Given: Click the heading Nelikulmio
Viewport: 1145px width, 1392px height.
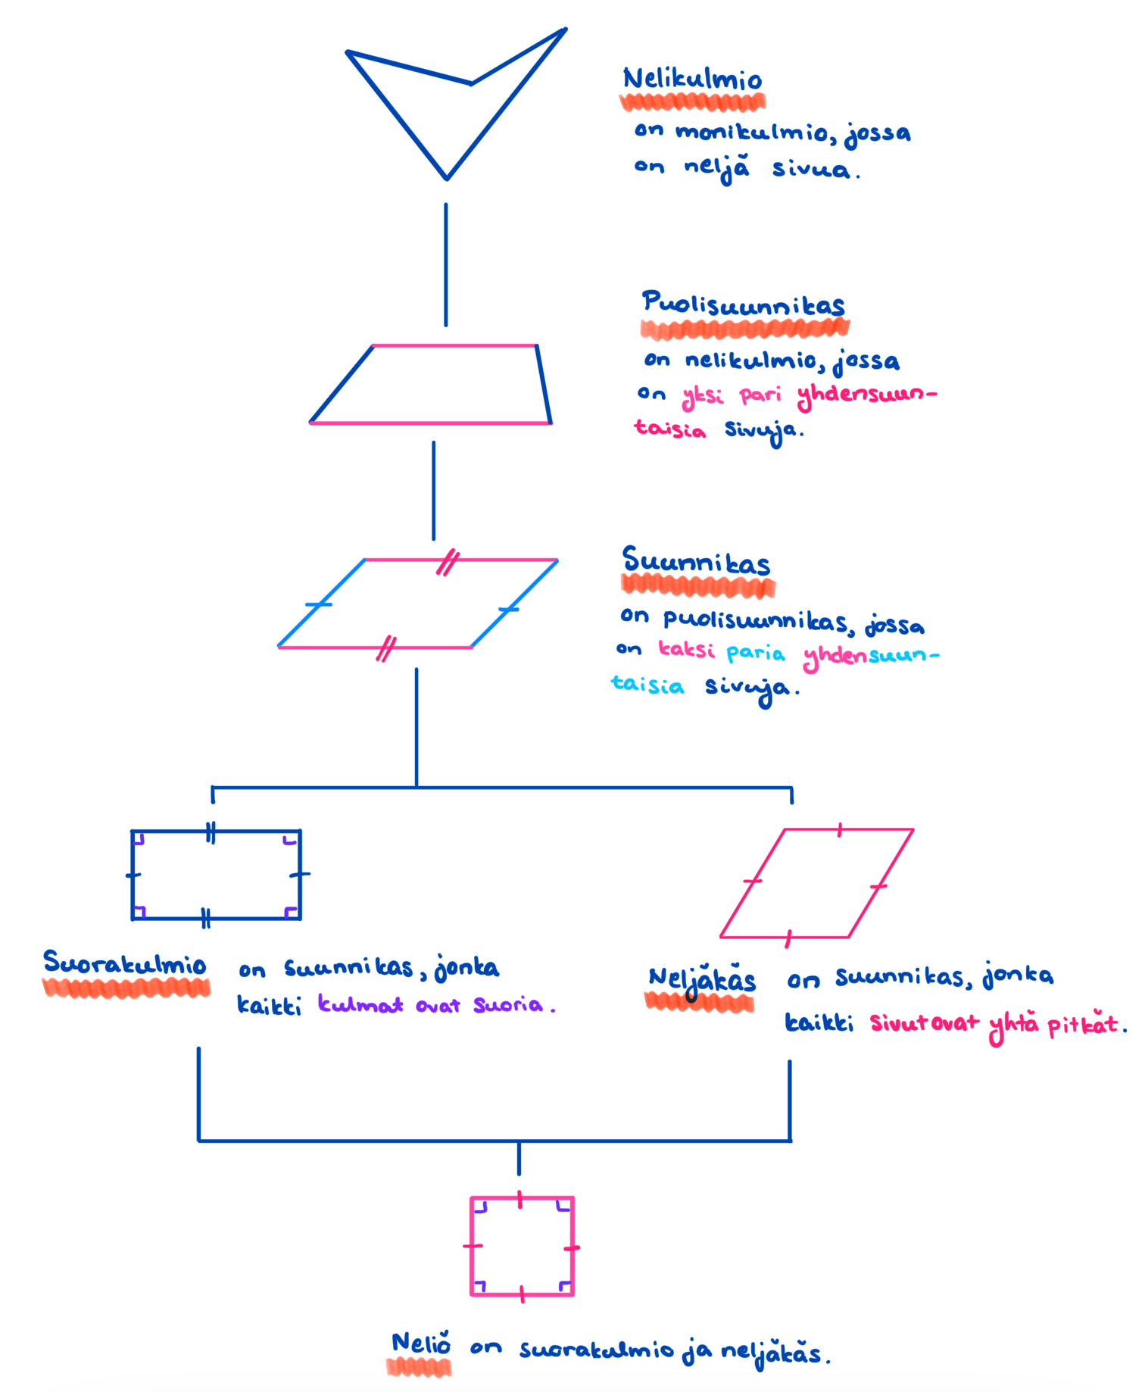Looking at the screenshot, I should tap(692, 80).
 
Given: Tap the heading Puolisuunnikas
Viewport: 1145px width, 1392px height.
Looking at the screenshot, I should tap(743, 304).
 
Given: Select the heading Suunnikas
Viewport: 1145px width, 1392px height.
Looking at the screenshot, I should tap(696, 562).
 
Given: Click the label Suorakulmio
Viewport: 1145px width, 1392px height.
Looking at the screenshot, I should tap(125, 964).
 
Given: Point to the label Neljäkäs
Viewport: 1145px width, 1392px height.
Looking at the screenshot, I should tap(702, 981).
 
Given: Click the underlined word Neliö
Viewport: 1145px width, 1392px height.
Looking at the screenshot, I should tap(421, 1344).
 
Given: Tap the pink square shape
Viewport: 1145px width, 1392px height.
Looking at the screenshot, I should tap(522, 1247).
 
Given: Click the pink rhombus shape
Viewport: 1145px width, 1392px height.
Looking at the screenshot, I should tap(816, 883).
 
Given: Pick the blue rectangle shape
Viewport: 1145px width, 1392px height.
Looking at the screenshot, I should tap(217, 875).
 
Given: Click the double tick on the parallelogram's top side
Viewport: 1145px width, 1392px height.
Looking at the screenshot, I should tap(448, 563).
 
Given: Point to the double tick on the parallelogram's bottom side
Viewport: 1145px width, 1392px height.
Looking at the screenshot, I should tap(386, 649).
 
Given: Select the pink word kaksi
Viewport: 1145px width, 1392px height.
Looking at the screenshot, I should tap(686, 651).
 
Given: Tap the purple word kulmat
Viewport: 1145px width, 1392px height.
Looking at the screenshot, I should tap(360, 1005).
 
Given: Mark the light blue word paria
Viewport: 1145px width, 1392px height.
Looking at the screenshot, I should tap(755, 654).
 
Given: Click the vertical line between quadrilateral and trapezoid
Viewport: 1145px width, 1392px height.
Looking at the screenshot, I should tap(446, 265).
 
